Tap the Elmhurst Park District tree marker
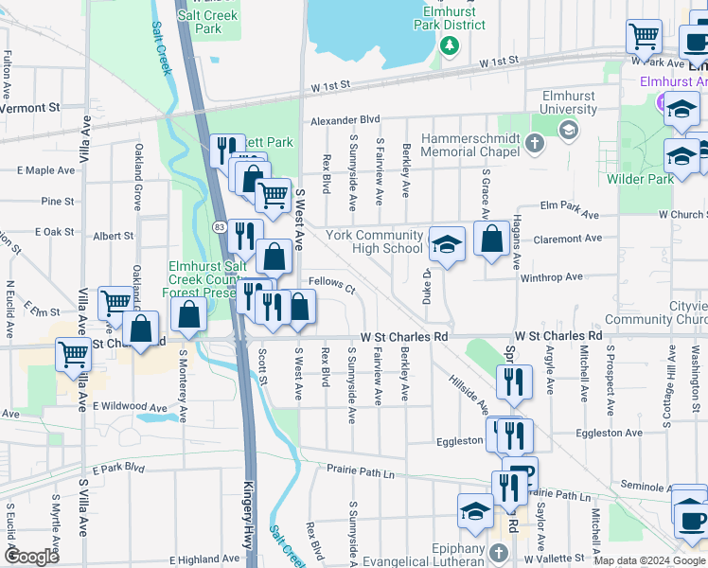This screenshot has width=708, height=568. (451, 44)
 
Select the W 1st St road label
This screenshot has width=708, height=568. (499, 61)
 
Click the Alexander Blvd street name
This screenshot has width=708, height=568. (345, 120)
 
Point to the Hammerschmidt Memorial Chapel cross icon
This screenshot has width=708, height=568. (535, 144)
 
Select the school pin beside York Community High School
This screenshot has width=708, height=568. (447, 244)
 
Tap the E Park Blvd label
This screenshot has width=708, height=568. (118, 469)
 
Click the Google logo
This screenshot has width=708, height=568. (31, 557)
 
